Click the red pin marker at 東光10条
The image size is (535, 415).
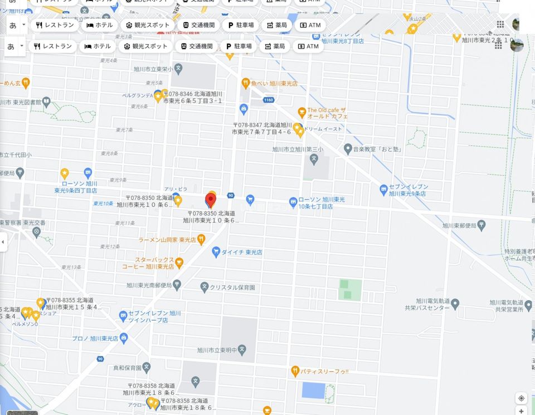click(x=211, y=200)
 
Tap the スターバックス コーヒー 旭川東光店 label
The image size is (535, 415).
click(x=154, y=263)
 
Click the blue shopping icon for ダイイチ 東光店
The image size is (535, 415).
click(x=216, y=252)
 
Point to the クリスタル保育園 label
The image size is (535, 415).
click(x=232, y=287)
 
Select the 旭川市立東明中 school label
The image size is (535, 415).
click(x=217, y=350)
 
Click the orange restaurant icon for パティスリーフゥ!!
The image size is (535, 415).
click(x=295, y=371)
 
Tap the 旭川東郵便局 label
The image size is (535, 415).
click(x=459, y=226)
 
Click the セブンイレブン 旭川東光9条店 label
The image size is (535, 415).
click(x=408, y=190)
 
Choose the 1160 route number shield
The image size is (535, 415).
click(x=269, y=100)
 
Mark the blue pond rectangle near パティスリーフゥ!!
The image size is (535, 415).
click(x=313, y=390)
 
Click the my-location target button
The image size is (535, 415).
click(x=521, y=398)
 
